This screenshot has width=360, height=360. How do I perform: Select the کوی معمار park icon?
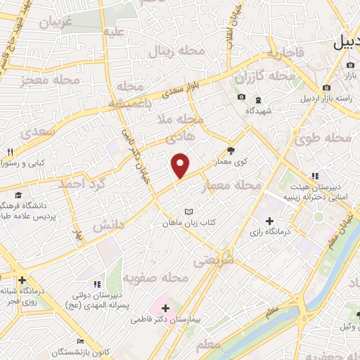(231, 150)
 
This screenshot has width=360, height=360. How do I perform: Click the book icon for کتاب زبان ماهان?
(187, 212)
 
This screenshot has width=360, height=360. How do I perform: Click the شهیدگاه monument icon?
(258, 99)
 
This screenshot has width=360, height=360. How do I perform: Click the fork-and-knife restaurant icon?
(10, 153)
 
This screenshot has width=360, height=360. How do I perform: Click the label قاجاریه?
(288, 52)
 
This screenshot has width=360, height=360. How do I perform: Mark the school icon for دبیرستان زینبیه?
(314, 176)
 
